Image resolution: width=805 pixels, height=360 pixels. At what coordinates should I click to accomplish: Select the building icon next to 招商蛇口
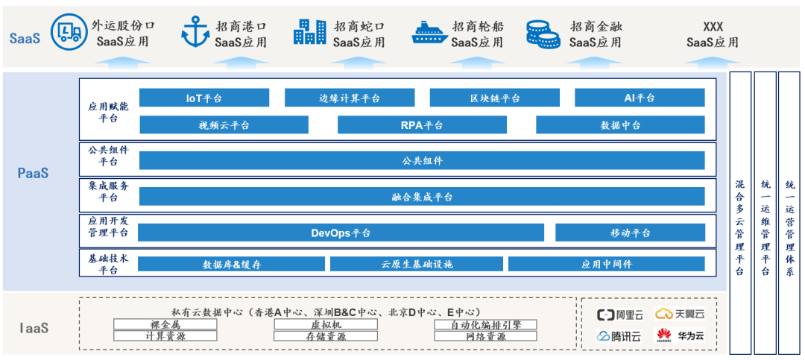(x=309, y=32)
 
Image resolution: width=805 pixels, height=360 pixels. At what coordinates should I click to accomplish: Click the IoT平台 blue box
(x=203, y=98)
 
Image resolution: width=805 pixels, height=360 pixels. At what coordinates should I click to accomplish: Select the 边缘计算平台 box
(x=349, y=98)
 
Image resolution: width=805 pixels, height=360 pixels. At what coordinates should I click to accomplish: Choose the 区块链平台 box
(x=494, y=98)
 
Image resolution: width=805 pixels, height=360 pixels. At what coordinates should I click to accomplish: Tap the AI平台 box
(x=639, y=98)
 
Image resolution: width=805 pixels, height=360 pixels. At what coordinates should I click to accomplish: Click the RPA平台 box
(x=421, y=125)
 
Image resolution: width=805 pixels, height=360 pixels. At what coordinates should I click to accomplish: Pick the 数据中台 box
(x=620, y=125)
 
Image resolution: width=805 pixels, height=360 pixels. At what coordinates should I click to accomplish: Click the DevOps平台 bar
(x=341, y=233)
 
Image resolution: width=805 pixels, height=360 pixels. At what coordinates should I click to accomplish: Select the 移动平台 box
(x=630, y=233)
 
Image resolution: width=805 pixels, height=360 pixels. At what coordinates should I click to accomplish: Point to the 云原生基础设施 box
(x=416, y=264)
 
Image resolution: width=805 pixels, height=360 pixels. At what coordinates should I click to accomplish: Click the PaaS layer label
(x=34, y=173)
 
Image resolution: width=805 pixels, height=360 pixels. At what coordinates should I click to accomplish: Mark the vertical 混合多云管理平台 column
(x=739, y=212)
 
